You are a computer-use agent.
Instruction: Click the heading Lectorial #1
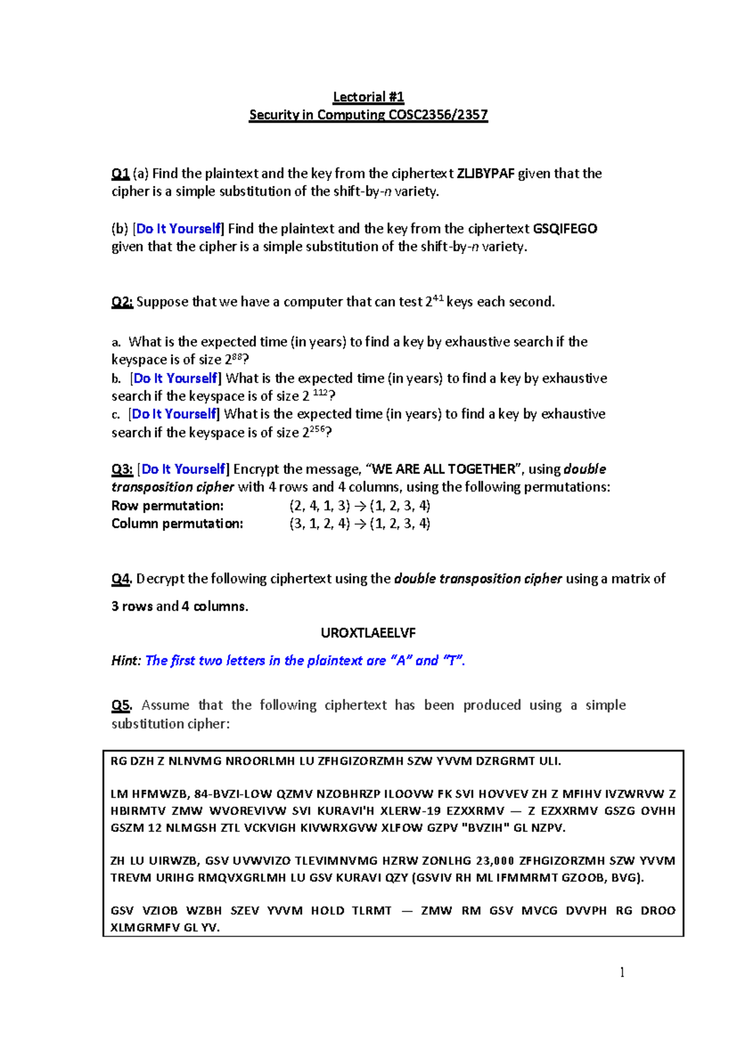tap(368, 97)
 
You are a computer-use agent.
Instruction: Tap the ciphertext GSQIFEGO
tap(565, 229)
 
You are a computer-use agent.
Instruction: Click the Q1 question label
tap(120, 174)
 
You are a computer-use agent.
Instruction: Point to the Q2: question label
tap(122, 302)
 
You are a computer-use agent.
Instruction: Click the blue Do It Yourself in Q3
tap(184, 470)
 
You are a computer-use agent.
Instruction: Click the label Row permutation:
tap(167, 506)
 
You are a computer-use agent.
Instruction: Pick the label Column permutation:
tap(177, 524)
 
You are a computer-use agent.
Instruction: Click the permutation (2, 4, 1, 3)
tap(319, 506)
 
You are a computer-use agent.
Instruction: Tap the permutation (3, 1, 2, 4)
tap(319, 524)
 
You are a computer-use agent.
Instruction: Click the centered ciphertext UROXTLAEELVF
tap(368, 633)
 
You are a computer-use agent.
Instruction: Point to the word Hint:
tap(126, 661)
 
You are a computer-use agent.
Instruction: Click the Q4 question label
tap(121, 579)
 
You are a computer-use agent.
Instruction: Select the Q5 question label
tap(121, 705)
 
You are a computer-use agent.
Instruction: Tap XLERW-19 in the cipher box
tap(410, 811)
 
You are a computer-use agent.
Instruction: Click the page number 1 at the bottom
tap(622, 972)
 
